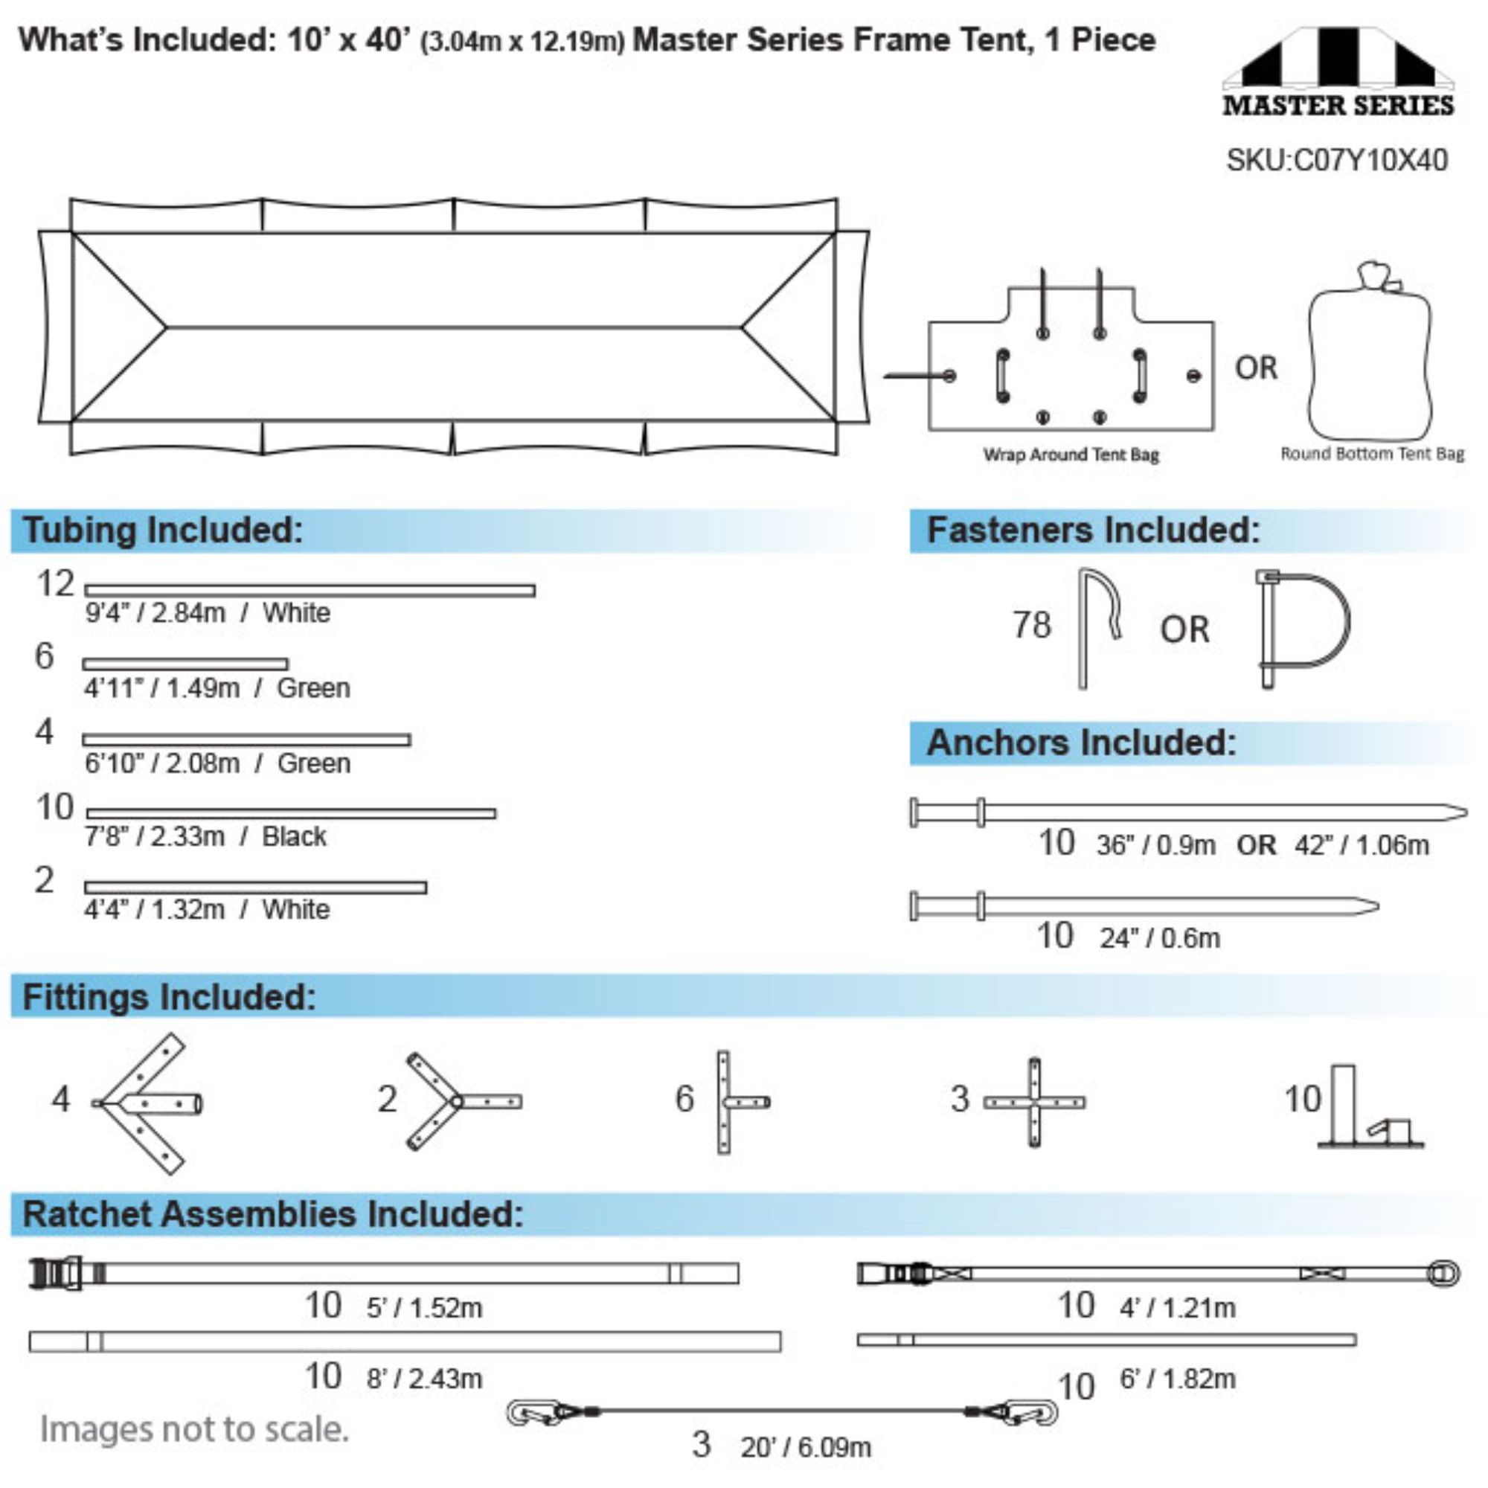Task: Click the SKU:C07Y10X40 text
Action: (x=1336, y=160)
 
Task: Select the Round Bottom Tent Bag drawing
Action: (x=1370, y=351)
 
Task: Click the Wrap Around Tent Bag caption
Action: (x=1071, y=455)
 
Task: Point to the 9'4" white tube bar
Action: (x=310, y=591)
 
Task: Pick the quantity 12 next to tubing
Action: (x=56, y=584)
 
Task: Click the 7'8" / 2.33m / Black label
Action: (x=205, y=836)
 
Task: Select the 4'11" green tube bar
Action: (x=185, y=664)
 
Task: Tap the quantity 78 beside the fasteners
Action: (x=1031, y=626)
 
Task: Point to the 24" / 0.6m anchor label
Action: (x=1160, y=938)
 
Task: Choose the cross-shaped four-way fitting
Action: (x=1034, y=1102)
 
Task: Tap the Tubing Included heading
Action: (x=162, y=530)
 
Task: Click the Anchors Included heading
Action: (x=1081, y=743)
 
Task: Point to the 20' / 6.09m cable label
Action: (x=806, y=1447)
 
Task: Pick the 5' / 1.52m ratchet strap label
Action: (x=424, y=1307)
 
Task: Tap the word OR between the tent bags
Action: (x=1256, y=368)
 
